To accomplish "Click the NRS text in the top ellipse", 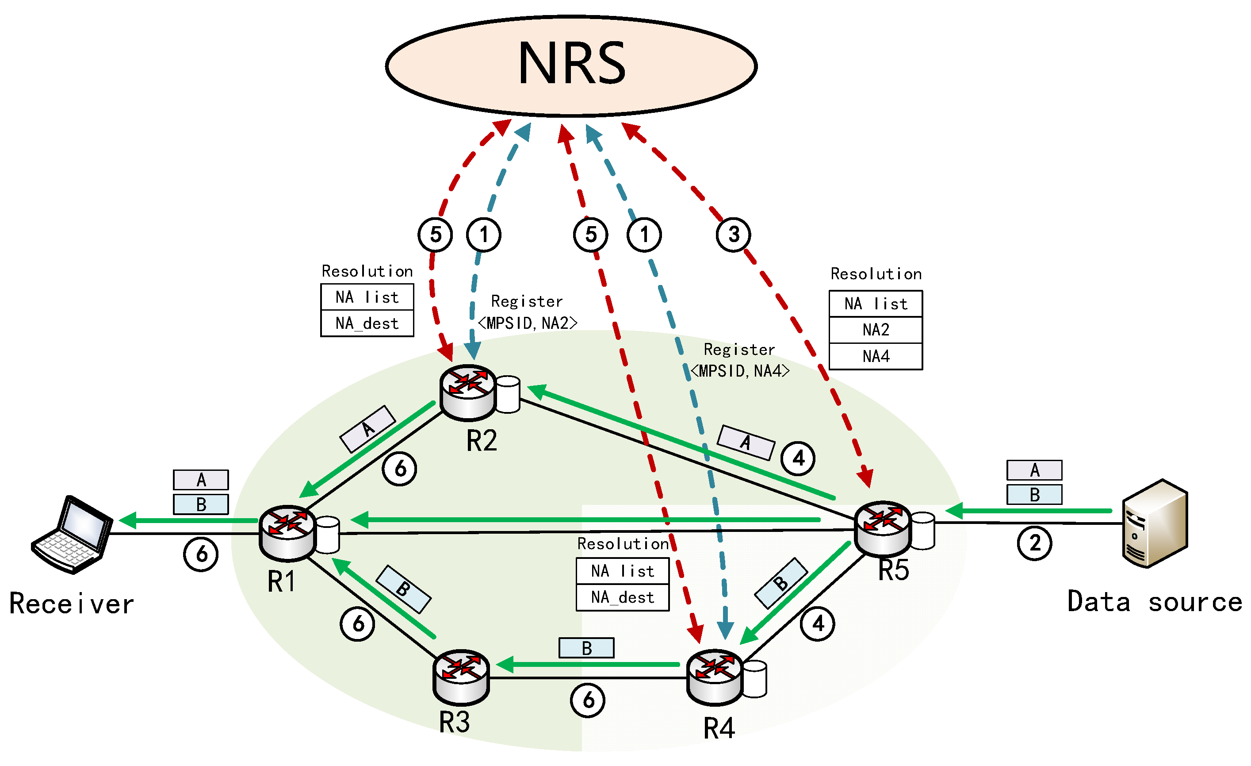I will [x=572, y=64].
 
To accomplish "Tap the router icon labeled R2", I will [x=467, y=392].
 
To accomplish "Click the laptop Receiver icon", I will [x=72, y=535].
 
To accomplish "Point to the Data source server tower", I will [x=1155, y=523].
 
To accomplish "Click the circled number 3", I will [x=734, y=235].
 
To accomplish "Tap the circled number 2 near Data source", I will [x=1034, y=543].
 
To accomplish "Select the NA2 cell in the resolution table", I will [x=876, y=330].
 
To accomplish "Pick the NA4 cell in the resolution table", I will [x=876, y=357].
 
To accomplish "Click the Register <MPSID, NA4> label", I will [x=740, y=361].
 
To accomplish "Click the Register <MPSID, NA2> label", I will [x=528, y=312].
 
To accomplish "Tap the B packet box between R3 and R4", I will [x=586, y=648].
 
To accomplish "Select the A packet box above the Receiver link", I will [x=201, y=480].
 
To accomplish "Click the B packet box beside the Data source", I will [x=1034, y=495].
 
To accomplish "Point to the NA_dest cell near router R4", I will [x=623, y=597].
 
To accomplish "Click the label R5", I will [x=894, y=570].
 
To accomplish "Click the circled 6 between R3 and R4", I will [x=587, y=701].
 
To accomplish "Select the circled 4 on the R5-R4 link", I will [x=817, y=624].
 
